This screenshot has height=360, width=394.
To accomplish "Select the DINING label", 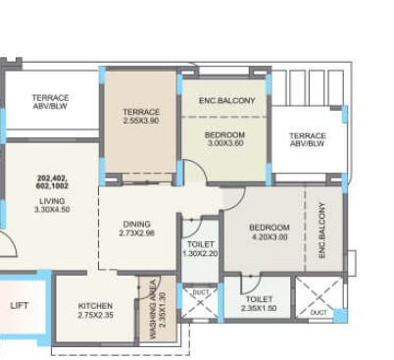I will [x=136, y=223].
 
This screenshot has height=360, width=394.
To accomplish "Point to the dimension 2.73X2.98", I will [x=136, y=233].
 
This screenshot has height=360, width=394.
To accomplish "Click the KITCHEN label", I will [x=95, y=306].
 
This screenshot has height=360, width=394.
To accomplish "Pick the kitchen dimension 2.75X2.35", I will [x=95, y=316].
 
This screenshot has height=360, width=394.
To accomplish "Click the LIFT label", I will [x=20, y=305].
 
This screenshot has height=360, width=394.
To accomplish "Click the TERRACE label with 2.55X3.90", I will [x=141, y=113].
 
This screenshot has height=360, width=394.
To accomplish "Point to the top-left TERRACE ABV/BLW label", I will [x=50, y=103].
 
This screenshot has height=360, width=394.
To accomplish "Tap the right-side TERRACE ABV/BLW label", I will [x=307, y=139].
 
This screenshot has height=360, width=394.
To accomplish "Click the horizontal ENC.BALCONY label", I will [x=226, y=101].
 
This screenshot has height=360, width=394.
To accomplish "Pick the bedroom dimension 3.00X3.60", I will [x=224, y=144].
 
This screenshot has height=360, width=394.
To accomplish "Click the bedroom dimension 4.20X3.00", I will [x=269, y=236].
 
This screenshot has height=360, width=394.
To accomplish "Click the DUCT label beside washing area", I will [x=200, y=292].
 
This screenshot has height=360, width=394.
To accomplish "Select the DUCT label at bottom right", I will [x=319, y=313].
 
